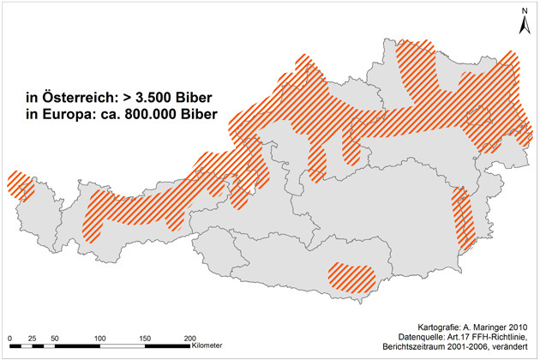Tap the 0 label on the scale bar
pos(9,339)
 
